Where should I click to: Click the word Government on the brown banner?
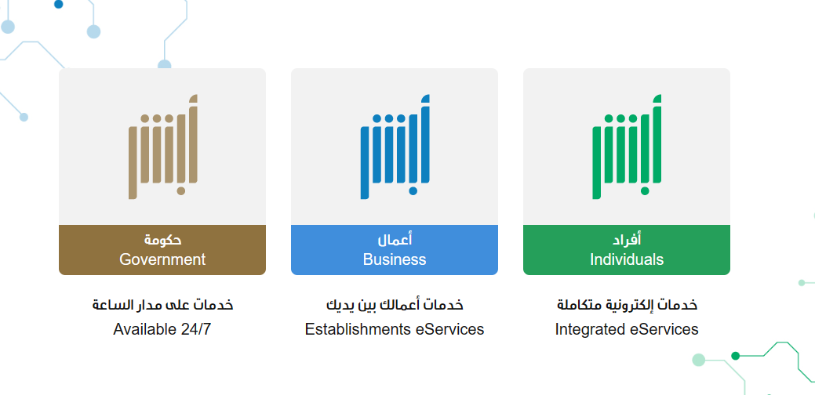click(162, 259)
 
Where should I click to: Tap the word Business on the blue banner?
click(395, 259)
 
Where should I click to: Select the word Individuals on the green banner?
click(626, 259)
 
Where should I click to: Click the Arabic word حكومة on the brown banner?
click(162, 240)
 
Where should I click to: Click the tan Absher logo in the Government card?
click(163, 147)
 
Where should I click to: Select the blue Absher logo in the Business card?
click(395, 147)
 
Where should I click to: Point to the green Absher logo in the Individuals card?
click(627, 147)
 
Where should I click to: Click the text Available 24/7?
click(162, 329)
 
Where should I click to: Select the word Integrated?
click(590, 330)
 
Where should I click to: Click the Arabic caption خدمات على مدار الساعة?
click(162, 305)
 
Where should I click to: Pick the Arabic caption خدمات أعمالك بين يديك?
click(395, 305)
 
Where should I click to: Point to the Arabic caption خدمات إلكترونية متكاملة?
click(627, 305)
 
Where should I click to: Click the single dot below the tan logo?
click(181, 191)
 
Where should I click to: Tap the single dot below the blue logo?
click(413, 191)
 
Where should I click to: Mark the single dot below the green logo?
click(645, 191)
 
